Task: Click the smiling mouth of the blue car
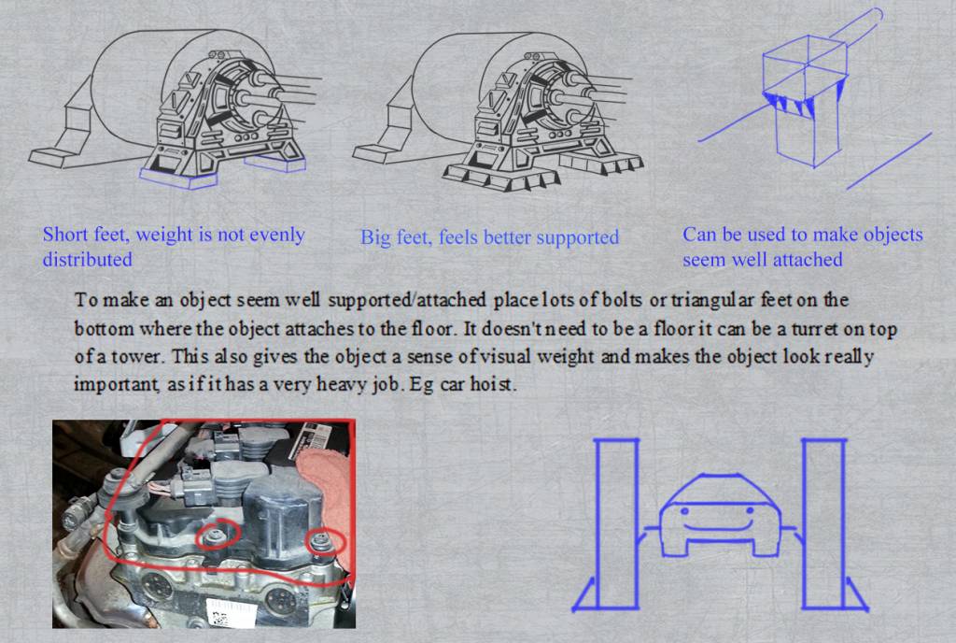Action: (720, 526)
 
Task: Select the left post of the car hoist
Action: (617, 523)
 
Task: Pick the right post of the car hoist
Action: (823, 523)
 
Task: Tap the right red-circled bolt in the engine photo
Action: (321, 540)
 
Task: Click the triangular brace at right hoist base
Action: (857, 593)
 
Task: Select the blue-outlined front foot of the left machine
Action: (177, 179)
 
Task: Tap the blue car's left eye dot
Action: (684, 510)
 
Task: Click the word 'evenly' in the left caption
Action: (274, 236)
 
